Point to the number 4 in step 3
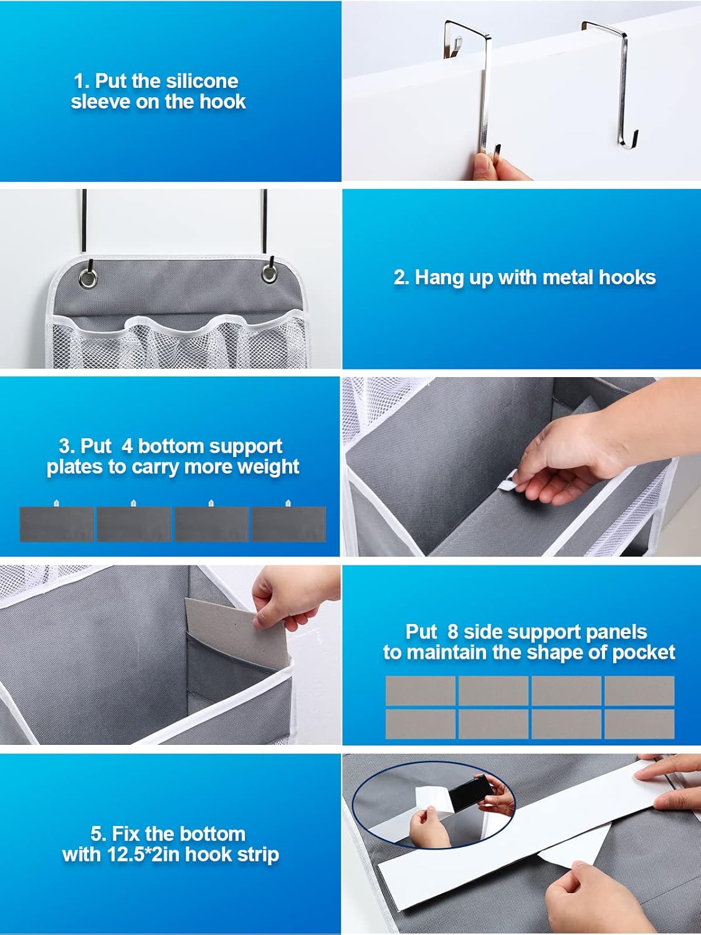tap(127, 446)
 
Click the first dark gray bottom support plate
tap(57, 524)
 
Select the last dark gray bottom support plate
tap(289, 524)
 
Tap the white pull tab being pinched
tap(511, 481)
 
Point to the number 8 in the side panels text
tap(452, 631)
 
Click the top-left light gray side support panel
tap(420, 691)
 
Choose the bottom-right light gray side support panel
tap(639, 724)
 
